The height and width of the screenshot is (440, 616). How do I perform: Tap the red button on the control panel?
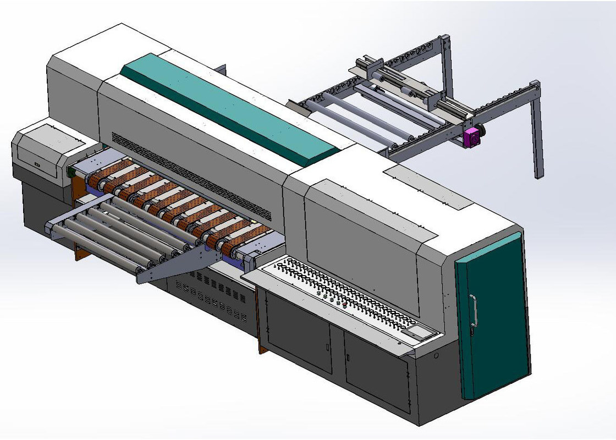coord(344,304)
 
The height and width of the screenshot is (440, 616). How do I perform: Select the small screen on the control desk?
coord(415,333)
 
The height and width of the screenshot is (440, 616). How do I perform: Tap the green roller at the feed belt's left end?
coord(70,173)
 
